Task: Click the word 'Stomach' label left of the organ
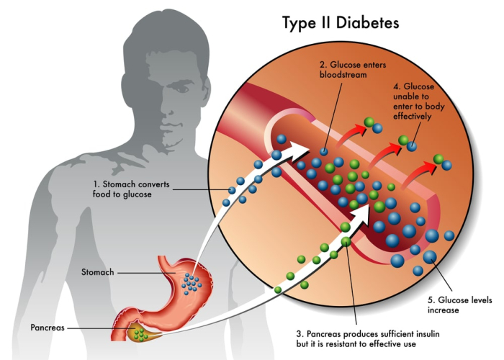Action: click(97, 273)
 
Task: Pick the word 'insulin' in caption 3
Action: click(438, 333)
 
